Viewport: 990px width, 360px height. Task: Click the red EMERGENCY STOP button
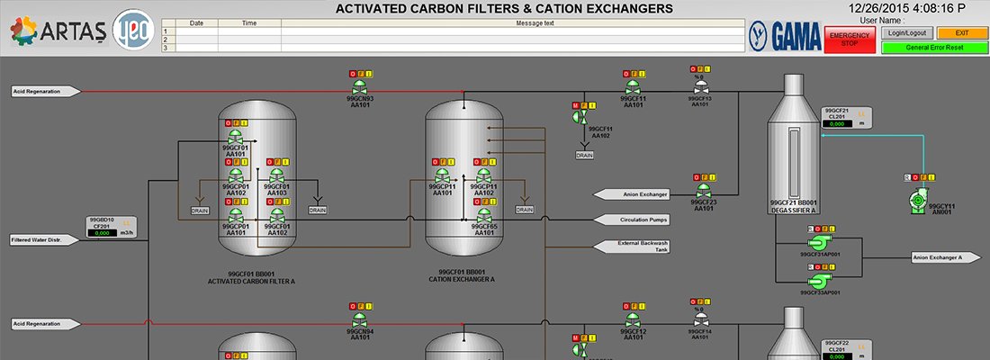pyautogui.click(x=850, y=40)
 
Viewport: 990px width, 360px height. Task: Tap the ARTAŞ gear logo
pyautogui.click(x=25, y=33)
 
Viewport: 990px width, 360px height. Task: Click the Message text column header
pyautogui.click(x=534, y=23)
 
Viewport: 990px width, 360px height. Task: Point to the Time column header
pyautogui.click(x=250, y=23)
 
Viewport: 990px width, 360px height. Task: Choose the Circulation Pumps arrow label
pyautogui.click(x=638, y=220)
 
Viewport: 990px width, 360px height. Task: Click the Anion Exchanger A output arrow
pyautogui.click(x=946, y=257)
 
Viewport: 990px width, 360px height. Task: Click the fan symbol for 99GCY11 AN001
pyautogui.click(x=918, y=198)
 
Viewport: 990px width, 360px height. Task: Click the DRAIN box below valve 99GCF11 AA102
pyautogui.click(x=585, y=155)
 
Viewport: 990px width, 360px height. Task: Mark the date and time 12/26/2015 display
pyautogui.click(x=918, y=8)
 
